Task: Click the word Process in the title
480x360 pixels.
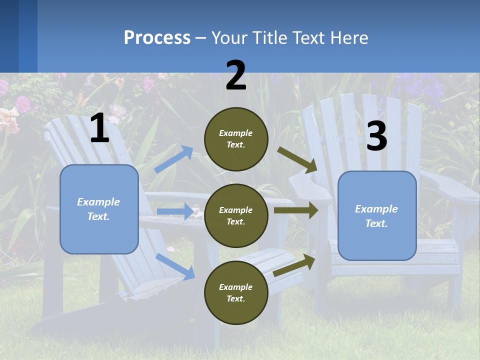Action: (x=157, y=38)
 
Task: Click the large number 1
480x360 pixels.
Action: (x=99, y=128)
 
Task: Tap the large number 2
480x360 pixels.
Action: (x=236, y=75)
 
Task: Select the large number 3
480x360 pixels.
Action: (x=376, y=136)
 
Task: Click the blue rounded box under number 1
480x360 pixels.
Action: (x=99, y=209)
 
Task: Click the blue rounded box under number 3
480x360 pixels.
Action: (x=377, y=216)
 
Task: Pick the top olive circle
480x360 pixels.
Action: (x=236, y=139)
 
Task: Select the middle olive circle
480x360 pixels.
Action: (x=236, y=215)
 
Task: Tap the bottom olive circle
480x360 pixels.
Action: (x=236, y=292)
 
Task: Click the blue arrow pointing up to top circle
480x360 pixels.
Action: (x=174, y=159)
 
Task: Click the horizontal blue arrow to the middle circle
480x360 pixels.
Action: (x=175, y=211)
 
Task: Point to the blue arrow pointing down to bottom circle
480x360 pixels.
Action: (x=175, y=266)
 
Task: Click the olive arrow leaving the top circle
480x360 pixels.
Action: (x=297, y=160)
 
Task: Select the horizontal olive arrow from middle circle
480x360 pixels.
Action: (x=296, y=210)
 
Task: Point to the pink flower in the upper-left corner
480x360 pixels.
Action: (x=22, y=104)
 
